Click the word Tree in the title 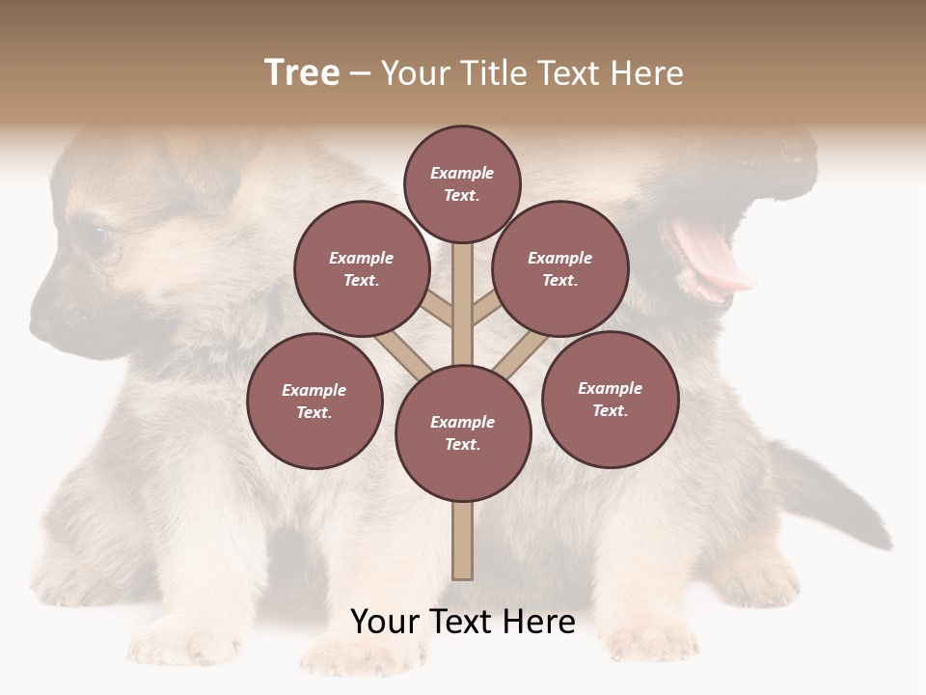[302, 73]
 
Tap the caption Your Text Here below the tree [463, 622]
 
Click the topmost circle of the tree [462, 183]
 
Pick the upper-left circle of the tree [361, 268]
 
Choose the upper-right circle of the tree [559, 268]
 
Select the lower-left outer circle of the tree [314, 401]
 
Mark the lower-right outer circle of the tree [610, 399]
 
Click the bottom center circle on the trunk [462, 433]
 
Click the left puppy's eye [96, 235]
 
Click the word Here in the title [645, 73]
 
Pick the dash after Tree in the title [360, 74]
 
